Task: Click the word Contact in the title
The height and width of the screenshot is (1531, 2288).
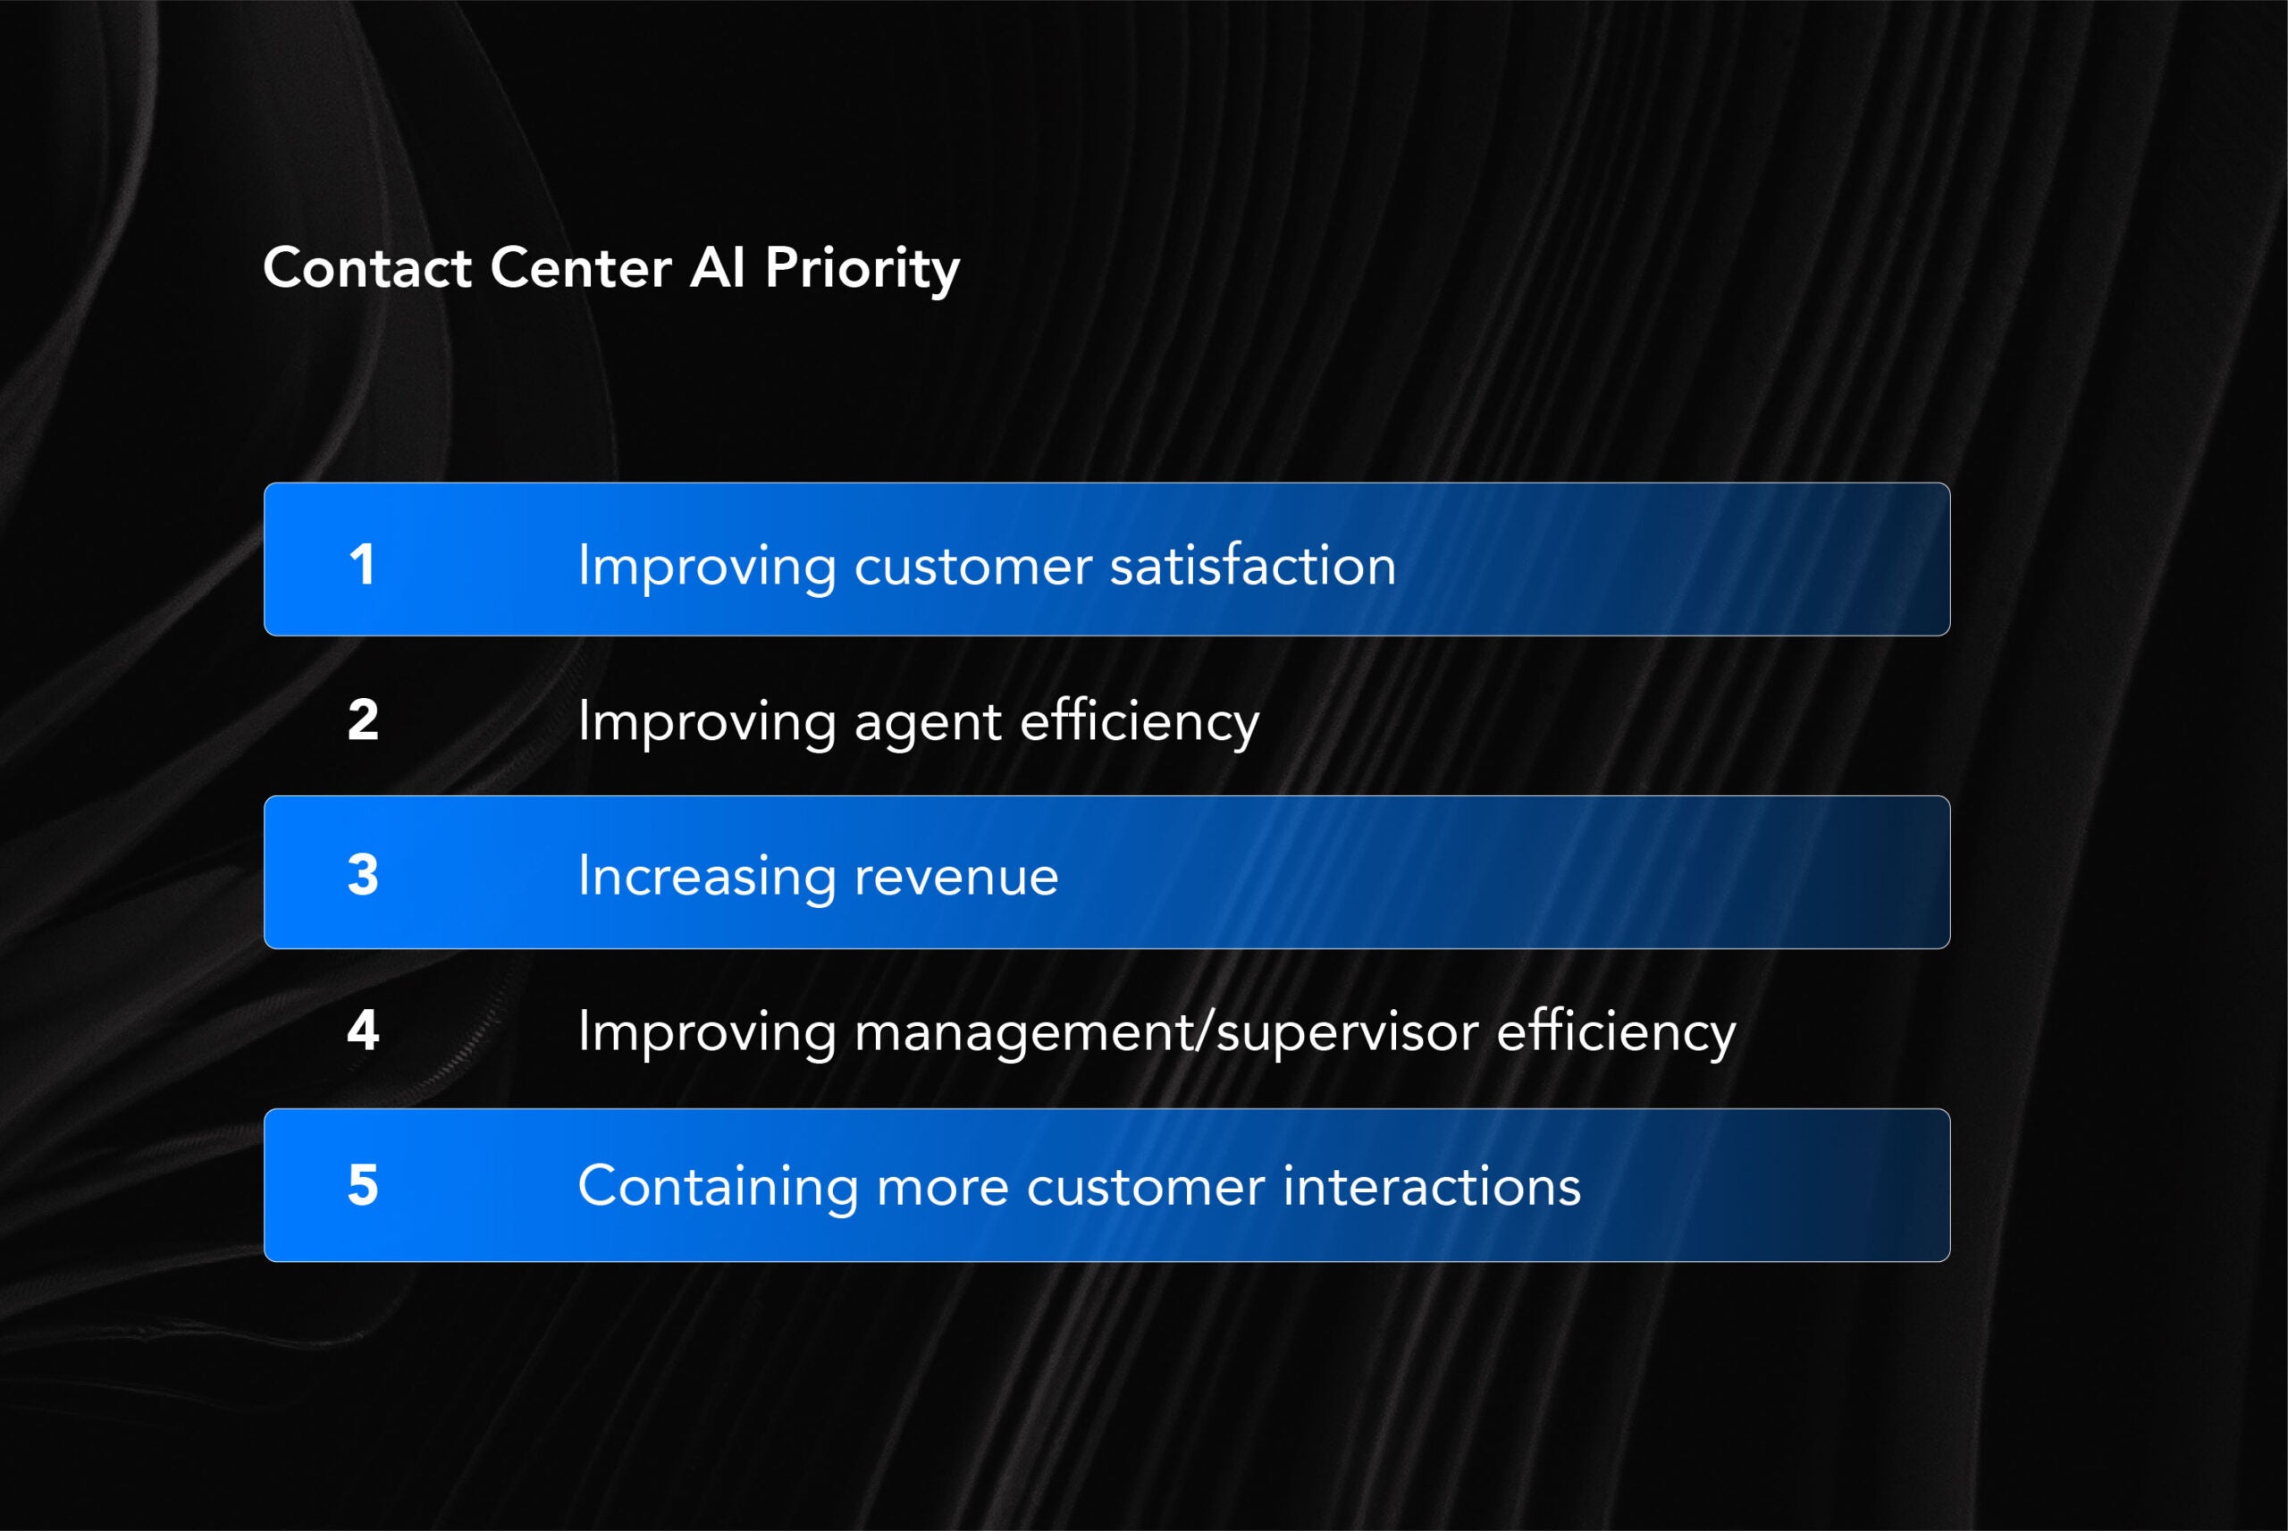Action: pos(367,267)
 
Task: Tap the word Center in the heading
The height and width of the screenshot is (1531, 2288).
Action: pos(581,267)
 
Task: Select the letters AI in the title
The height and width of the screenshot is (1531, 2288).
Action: pos(718,267)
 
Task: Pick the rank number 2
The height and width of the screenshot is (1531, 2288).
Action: pos(363,720)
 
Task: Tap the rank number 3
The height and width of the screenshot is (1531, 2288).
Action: pos(363,875)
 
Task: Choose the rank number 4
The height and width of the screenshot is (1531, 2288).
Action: pos(363,1030)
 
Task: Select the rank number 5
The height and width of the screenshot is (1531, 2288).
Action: pos(363,1185)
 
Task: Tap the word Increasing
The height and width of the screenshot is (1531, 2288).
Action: pos(708,877)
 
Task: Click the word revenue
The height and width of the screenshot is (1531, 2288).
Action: pos(956,877)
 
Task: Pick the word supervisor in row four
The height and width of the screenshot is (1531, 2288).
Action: pos(1347,1033)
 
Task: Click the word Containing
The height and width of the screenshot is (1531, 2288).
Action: pos(718,1187)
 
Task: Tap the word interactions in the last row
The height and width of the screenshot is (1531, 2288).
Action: pos(1431,1187)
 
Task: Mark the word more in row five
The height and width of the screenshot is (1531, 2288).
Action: pos(942,1187)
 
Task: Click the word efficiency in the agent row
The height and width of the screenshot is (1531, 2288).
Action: pos(1140,722)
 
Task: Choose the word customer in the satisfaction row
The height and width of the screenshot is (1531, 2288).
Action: pos(972,567)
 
